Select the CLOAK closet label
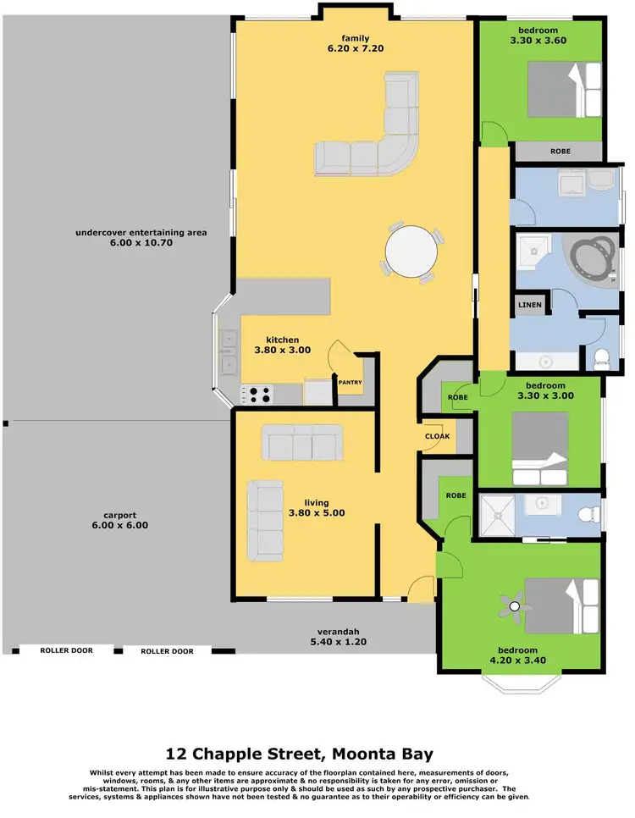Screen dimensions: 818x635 (438, 436)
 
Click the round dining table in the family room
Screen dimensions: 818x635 (412, 251)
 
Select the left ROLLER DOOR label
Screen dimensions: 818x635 (65, 651)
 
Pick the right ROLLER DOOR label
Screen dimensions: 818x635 (167, 651)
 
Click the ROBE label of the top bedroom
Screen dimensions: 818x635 (560, 152)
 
